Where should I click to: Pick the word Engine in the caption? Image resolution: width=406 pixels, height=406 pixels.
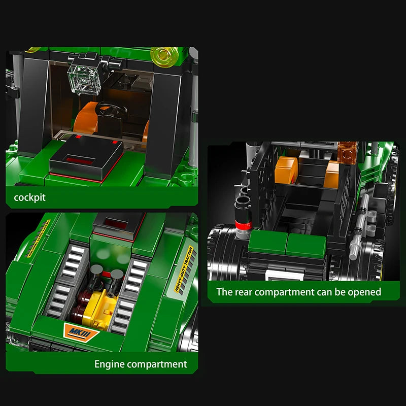tap(109, 364)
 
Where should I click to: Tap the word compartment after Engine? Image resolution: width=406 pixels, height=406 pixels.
tap(157, 364)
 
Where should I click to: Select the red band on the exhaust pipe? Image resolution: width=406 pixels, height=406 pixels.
tap(242, 225)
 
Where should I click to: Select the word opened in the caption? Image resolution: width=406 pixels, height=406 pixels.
tap(364, 292)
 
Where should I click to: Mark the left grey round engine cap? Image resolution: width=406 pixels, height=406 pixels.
tap(96, 273)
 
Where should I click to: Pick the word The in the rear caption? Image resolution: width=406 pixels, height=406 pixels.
tap(224, 292)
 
